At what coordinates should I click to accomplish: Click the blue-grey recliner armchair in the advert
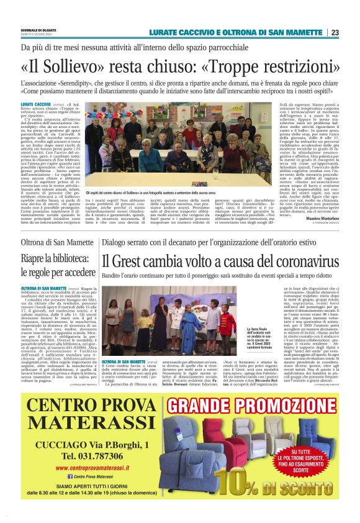[x=191, y=439]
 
